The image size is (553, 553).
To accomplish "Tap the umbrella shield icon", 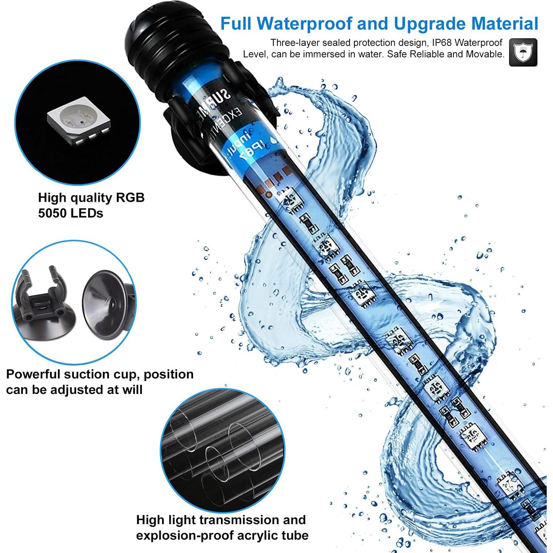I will click(x=523, y=52).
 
